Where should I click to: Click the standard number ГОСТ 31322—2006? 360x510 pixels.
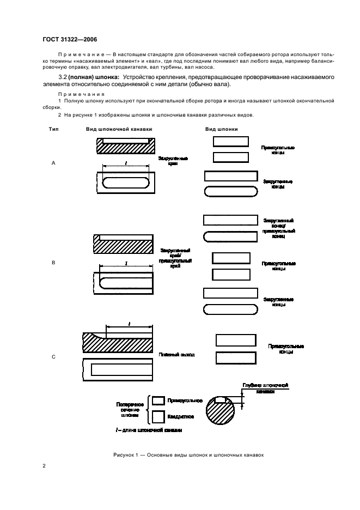tap(70, 39)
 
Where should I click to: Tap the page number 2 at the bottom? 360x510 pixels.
tap(44, 466)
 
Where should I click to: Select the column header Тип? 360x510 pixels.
tap(53, 129)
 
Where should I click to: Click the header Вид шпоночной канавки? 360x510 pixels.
tap(119, 129)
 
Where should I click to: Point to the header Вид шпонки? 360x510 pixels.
tap(221, 129)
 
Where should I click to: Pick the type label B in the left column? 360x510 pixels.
tap(53, 263)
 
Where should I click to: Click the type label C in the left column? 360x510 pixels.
tap(53, 357)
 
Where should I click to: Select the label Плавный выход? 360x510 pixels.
tap(176, 354)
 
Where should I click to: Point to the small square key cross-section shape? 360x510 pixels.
tap(158, 417)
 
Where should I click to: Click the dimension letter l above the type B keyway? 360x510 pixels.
tap(126, 263)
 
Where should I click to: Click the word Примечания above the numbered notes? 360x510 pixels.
tap(74, 94)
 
